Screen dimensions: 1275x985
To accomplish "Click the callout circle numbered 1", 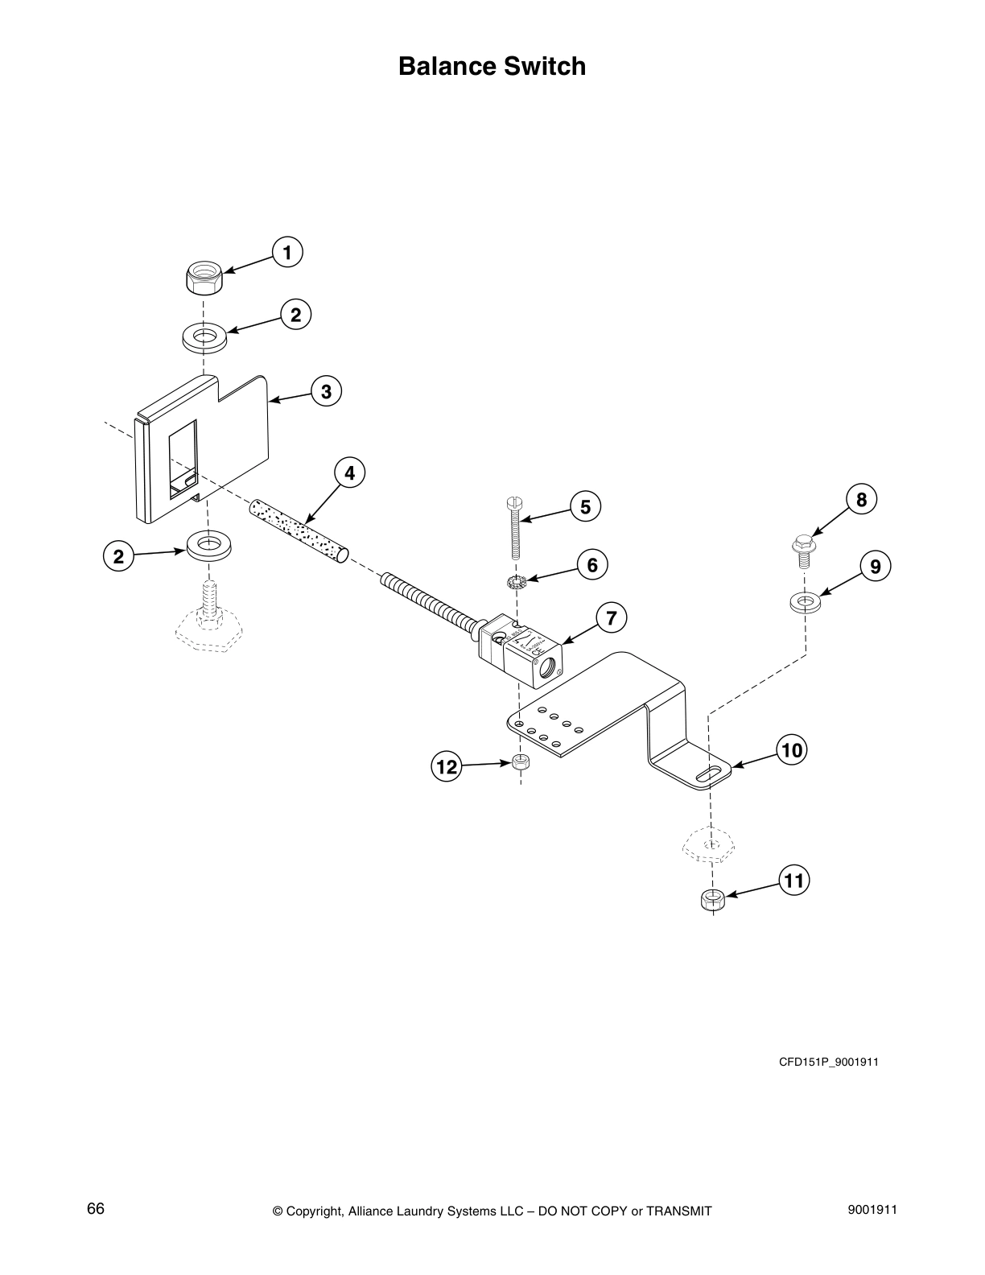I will [x=287, y=252].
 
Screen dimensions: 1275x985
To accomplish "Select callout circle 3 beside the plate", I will [x=326, y=392].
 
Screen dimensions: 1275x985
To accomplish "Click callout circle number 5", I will [x=585, y=506].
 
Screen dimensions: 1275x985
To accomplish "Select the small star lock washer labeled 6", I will [x=516, y=581].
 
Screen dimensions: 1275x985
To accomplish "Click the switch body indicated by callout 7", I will [x=527, y=652].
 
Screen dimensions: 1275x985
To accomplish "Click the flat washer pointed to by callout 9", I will [x=804, y=600].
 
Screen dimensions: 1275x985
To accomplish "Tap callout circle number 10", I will [x=792, y=751].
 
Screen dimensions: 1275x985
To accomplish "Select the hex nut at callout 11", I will [x=711, y=899].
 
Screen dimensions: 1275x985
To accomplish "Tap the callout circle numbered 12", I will [x=446, y=767].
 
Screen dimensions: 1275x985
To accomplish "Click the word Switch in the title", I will [x=545, y=66].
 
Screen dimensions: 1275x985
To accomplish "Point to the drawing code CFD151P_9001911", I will [x=828, y=1062].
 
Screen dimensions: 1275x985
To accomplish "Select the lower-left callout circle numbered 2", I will [x=118, y=556].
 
